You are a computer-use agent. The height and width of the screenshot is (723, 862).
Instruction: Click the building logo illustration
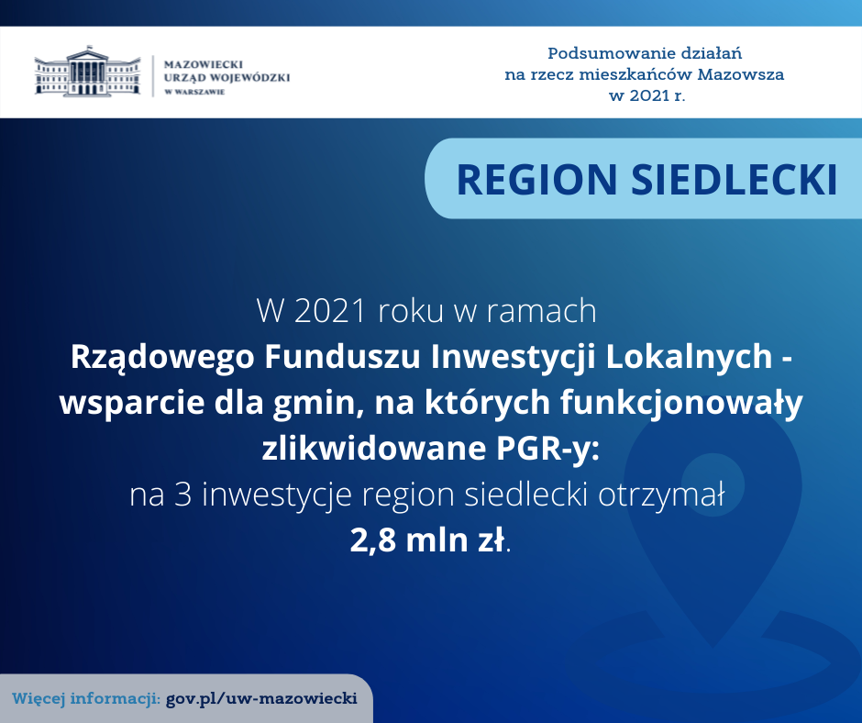[87, 72]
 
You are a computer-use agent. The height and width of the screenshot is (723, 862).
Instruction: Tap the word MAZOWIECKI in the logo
[204, 64]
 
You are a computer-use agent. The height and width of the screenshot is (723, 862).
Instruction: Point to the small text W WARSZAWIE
[194, 92]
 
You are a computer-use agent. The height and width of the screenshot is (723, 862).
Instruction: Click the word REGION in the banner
[537, 180]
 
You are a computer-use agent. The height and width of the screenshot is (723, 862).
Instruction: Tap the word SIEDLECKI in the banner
[734, 180]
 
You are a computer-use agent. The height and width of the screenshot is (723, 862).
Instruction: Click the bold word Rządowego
[162, 357]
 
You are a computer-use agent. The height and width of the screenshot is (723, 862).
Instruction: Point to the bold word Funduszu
[343, 357]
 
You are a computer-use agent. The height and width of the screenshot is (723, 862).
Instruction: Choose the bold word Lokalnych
[690, 357]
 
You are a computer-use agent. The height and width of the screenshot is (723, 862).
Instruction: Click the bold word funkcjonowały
[681, 403]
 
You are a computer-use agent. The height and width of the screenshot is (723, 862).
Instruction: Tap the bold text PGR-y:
[547, 449]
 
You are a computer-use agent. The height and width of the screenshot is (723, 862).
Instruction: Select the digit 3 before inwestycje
[183, 495]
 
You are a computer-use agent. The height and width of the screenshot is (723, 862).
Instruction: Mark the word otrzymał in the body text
[661, 495]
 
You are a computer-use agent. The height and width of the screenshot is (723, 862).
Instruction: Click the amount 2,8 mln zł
[427, 540]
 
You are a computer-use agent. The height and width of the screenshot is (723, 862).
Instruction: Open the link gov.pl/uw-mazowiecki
[261, 698]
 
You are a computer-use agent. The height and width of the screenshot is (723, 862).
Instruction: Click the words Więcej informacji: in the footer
[86, 699]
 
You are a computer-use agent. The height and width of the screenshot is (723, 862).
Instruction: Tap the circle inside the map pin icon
[713, 484]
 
